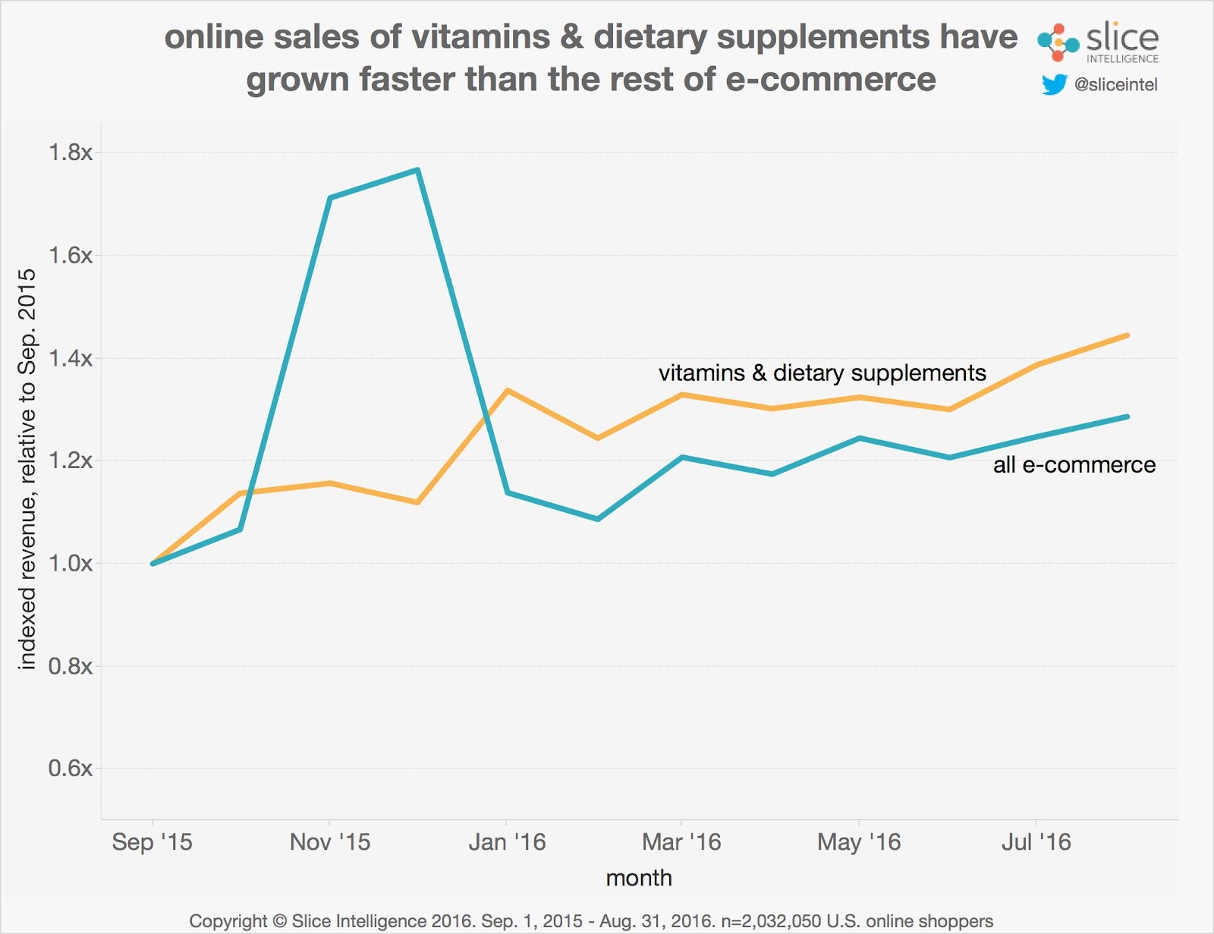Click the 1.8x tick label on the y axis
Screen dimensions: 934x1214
tap(71, 153)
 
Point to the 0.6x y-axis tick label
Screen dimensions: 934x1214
tap(71, 768)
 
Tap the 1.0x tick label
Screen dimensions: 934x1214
tap(71, 563)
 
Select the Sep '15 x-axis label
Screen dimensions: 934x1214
tap(152, 841)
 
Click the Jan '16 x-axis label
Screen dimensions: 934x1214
tap(507, 841)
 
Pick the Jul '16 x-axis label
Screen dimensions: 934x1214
tap(1036, 841)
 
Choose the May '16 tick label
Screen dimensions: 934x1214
tap(859, 841)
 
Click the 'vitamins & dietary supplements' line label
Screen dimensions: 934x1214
tap(822, 373)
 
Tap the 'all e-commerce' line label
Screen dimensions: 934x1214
tap(1074, 464)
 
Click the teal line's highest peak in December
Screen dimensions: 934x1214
tap(418, 170)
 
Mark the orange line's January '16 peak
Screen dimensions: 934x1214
tap(507, 390)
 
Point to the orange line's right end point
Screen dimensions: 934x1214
tap(1128, 335)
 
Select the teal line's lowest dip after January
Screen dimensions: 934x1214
tap(598, 519)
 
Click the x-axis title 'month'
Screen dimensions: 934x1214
tap(639, 878)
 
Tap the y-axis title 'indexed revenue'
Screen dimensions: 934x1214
tap(27, 469)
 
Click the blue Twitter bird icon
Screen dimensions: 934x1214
tap(1054, 84)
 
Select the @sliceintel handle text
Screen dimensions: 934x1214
tap(1115, 84)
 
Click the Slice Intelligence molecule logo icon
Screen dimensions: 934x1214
tap(1058, 42)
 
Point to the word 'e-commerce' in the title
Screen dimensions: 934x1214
tap(830, 80)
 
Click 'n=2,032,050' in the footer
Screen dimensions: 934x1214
tap(770, 921)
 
